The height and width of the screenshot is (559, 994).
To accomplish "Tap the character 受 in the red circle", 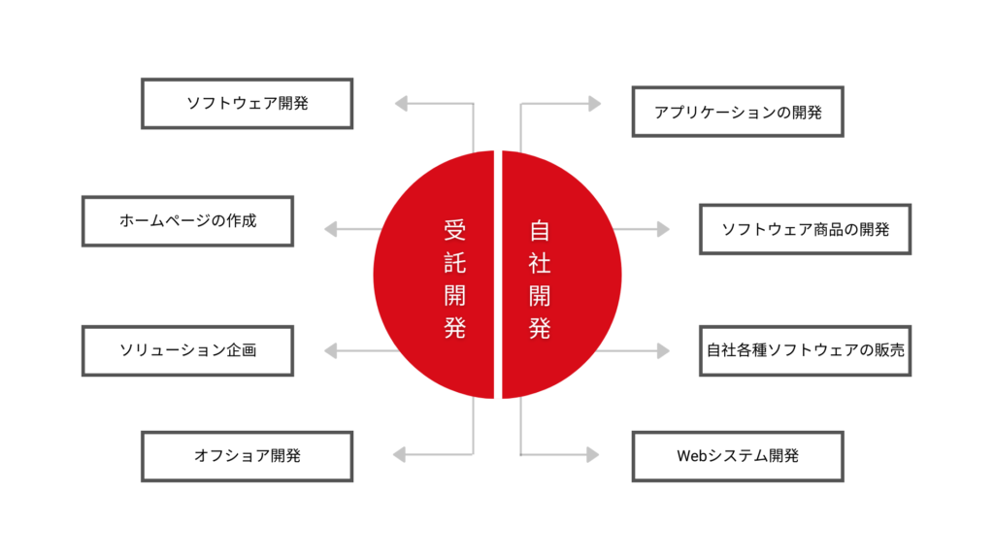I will click(454, 230).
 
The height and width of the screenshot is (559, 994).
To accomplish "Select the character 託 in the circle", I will click(454, 263).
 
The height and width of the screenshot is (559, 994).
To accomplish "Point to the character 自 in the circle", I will click(540, 230).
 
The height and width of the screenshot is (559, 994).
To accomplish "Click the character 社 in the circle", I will click(540, 263).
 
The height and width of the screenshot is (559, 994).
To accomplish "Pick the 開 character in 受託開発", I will click(454, 295).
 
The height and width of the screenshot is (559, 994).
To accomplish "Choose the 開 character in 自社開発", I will click(540, 295).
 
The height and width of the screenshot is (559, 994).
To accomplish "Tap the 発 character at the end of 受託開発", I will click(454, 328).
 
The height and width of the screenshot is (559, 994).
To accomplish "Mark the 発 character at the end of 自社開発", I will click(540, 328).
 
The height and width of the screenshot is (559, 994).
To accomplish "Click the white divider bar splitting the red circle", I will click(498, 275).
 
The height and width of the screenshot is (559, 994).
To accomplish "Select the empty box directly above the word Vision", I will click(187, 221).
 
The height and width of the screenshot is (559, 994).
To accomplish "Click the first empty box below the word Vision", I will click(187, 350).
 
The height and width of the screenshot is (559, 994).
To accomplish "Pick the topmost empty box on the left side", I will click(247, 103).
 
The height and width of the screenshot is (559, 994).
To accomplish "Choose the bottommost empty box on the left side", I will click(247, 456).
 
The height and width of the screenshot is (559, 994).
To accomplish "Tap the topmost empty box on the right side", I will click(738, 111).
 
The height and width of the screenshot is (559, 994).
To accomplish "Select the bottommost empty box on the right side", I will click(738, 456).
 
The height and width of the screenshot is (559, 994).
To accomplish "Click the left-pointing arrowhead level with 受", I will click(330, 229).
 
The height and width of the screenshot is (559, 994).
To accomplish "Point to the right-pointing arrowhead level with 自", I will click(664, 230).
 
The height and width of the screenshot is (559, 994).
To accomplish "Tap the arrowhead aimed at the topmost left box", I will click(400, 103).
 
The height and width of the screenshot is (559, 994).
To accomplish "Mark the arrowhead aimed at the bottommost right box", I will click(593, 454).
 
